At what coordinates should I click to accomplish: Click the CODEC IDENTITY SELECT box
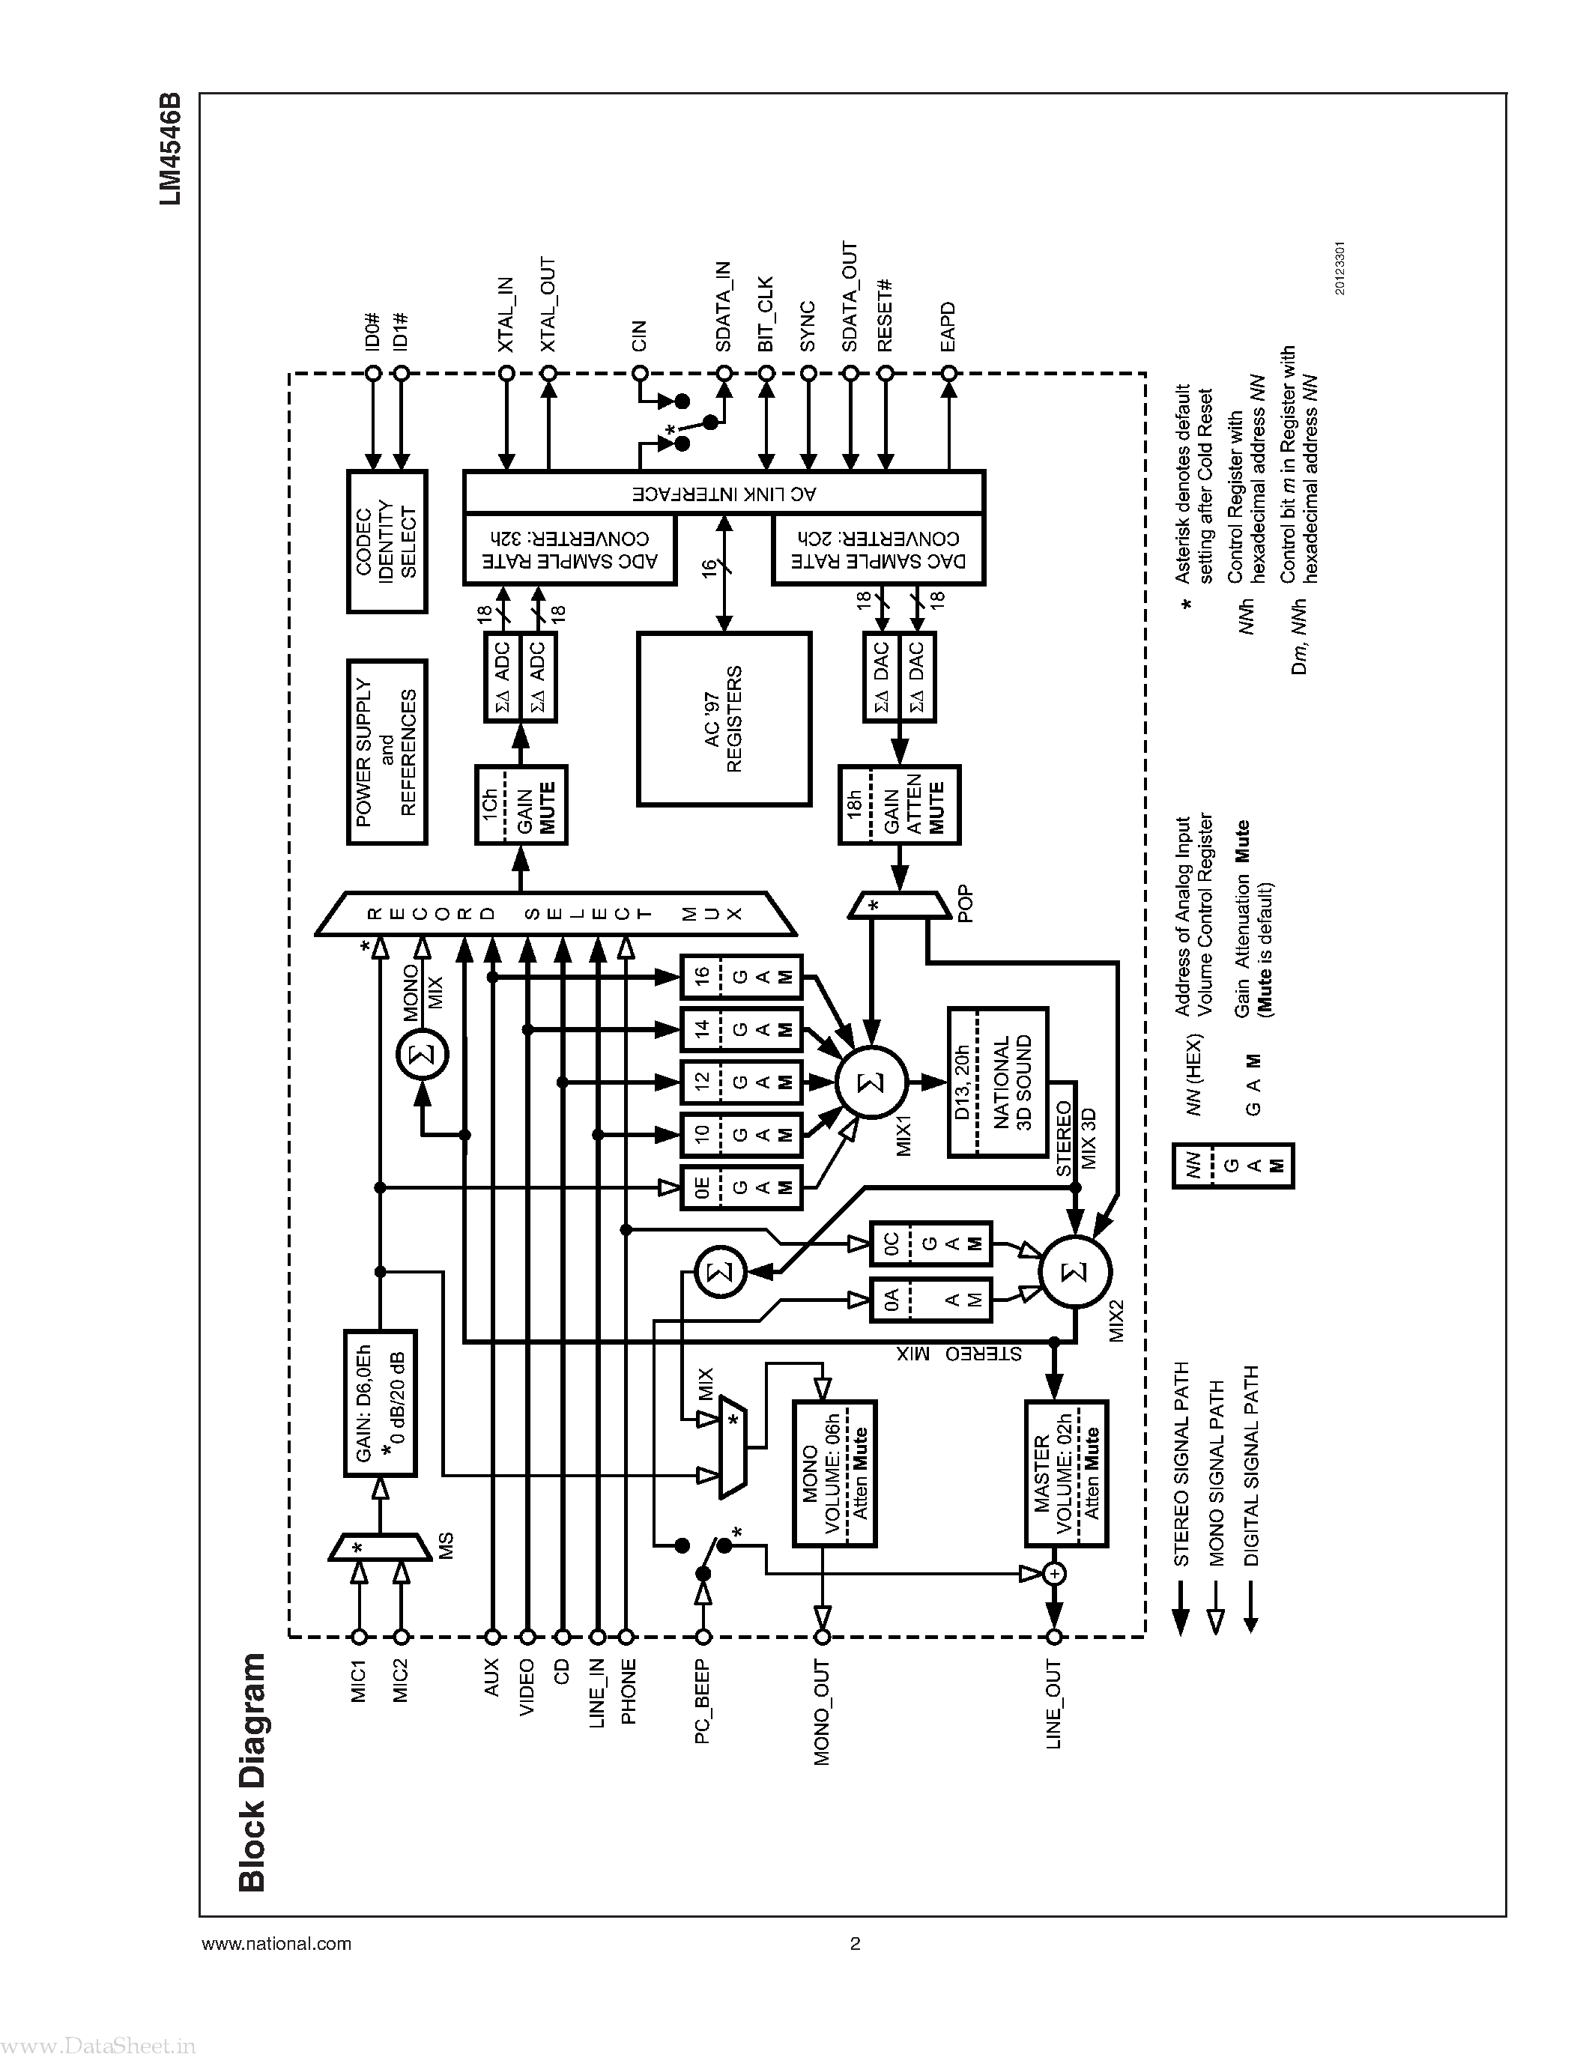[387, 542]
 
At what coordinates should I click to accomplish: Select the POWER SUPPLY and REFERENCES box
[387, 752]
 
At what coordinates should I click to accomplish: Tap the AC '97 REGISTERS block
[724, 718]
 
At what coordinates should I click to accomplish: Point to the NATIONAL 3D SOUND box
[998, 1082]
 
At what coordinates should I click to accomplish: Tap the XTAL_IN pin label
[506, 314]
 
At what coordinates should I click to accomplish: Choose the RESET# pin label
[885, 316]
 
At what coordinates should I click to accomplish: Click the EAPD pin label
[948, 327]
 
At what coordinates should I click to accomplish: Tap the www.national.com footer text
[276, 1944]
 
